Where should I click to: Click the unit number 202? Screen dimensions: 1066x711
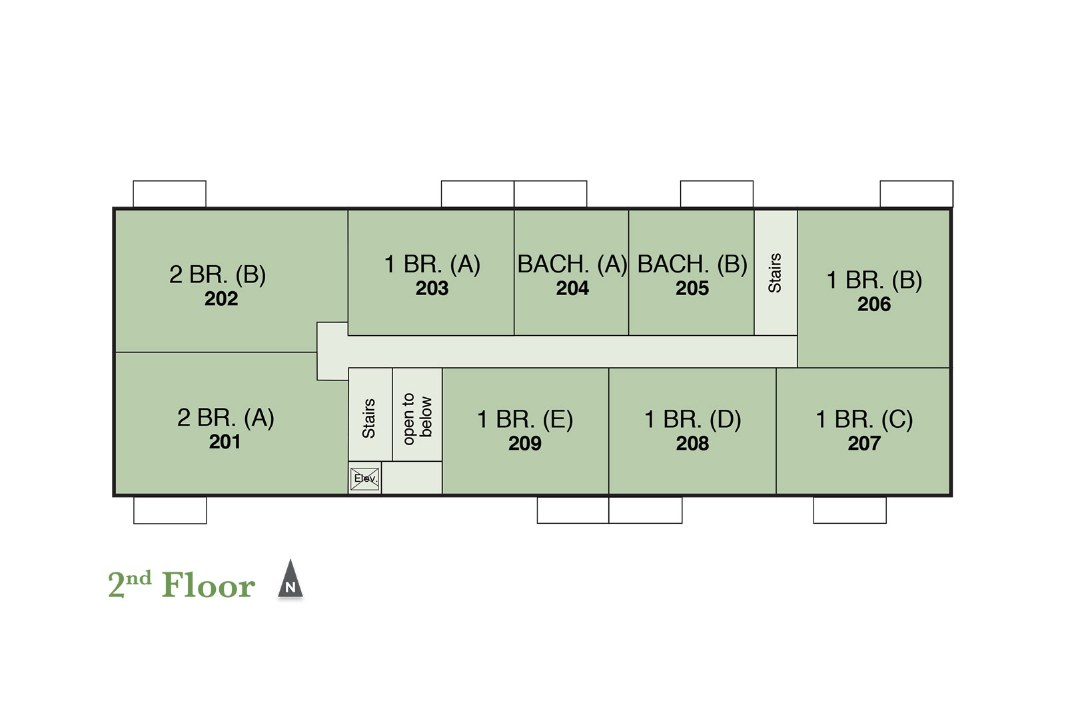pyautogui.click(x=221, y=299)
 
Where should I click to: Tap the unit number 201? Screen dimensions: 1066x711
pyautogui.click(x=225, y=442)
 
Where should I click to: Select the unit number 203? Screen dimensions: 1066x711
pyautogui.click(x=432, y=289)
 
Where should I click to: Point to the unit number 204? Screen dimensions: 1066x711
pyautogui.click(x=572, y=289)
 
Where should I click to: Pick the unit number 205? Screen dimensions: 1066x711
pyautogui.click(x=692, y=289)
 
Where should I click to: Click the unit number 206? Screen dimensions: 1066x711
pyautogui.click(x=874, y=305)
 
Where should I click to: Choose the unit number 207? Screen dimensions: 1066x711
pyautogui.click(x=864, y=444)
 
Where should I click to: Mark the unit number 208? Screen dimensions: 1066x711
pyautogui.click(x=692, y=444)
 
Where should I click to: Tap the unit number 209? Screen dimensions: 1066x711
pyautogui.click(x=525, y=444)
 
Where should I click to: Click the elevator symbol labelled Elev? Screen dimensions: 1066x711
pyautogui.click(x=365, y=478)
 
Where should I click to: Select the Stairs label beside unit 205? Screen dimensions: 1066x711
pyautogui.click(x=775, y=273)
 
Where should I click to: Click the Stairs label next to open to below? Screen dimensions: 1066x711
pyautogui.click(x=369, y=418)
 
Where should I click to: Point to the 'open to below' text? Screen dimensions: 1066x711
pyautogui.click(x=417, y=418)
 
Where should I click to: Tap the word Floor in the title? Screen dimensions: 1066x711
pyautogui.click(x=209, y=585)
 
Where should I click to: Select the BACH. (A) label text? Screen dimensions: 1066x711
pyautogui.click(x=572, y=264)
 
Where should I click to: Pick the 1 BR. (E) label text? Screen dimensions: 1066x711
pyautogui.click(x=525, y=419)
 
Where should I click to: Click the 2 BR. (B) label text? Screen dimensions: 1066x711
pyautogui.click(x=217, y=275)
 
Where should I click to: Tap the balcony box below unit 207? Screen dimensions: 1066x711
pyautogui.click(x=849, y=510)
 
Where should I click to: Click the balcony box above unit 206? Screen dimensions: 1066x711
pyautogui.click(x=917, y=194)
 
